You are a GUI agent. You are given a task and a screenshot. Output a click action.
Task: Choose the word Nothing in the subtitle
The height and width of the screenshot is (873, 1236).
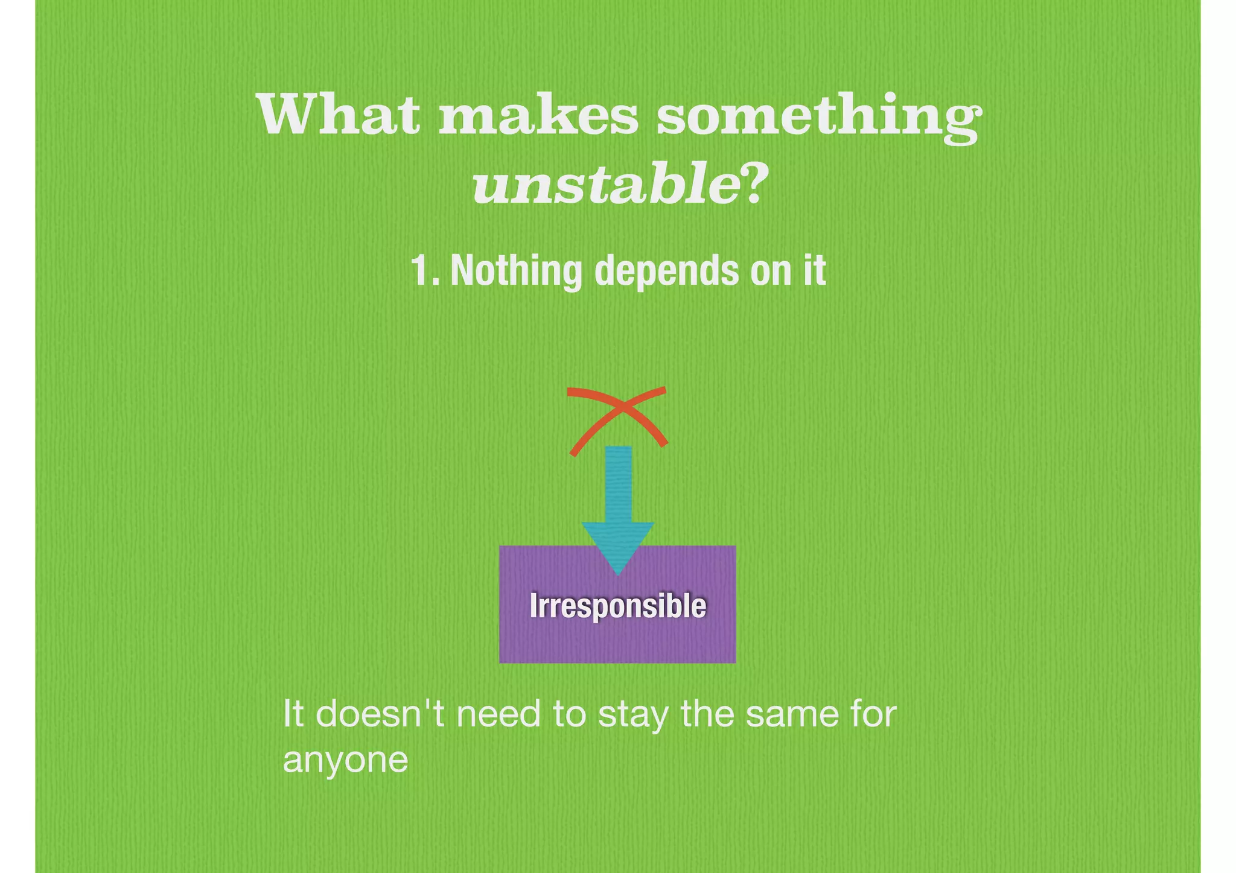point(516,271)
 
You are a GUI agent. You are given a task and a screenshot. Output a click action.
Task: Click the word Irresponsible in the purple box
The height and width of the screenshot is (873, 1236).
point(617,605)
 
